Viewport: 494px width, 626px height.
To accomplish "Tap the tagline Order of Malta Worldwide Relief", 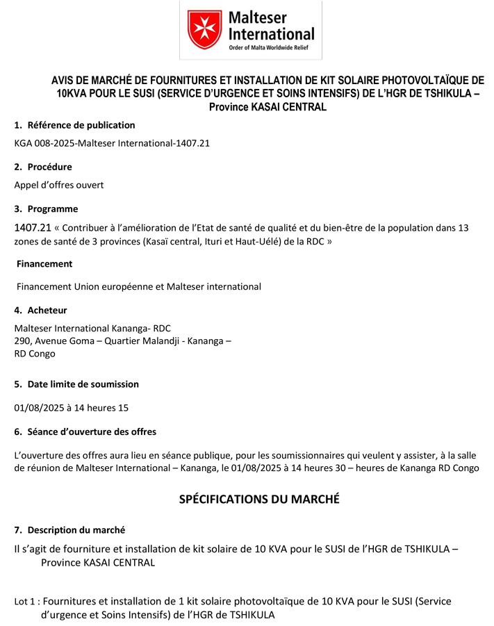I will pos(267,47).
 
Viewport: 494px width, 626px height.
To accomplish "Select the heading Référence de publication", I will pos(81,125).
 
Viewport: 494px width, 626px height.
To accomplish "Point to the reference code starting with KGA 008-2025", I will pos(112,143).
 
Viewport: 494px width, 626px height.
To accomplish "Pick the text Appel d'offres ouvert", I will pos(59,185).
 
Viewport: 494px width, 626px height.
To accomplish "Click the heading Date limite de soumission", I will pos(83,384).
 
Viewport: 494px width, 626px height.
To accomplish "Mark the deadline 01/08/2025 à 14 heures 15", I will pos(72,408).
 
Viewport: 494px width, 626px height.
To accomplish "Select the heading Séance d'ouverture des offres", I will pos(92,431).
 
